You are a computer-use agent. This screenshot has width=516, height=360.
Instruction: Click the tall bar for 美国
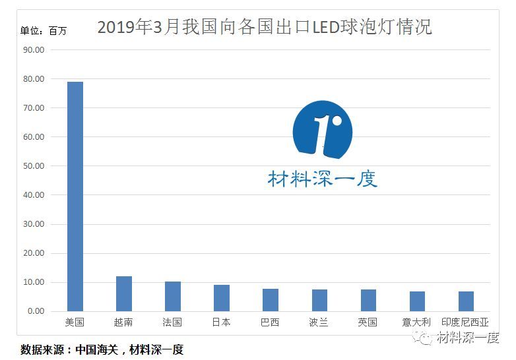click(75, 196)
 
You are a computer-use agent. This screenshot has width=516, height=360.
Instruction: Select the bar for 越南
click(123, 294)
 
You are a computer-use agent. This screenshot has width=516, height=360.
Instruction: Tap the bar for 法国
click(172, 297)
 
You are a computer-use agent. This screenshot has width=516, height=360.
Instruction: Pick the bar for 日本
click(222, 298)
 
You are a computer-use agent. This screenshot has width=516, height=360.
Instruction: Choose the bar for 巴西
click(271, 300)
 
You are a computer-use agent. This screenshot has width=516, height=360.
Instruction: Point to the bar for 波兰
click(319, 301)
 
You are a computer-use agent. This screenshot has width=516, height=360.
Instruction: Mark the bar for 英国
click(368, 301)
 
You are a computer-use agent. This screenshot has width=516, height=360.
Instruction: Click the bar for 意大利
click(417, 301)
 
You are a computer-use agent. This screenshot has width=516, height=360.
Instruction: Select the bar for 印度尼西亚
click(466, 301)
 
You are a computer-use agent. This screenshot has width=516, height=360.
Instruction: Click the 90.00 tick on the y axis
click(33, 50)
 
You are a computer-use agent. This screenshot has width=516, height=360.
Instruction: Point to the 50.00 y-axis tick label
click(33, 166)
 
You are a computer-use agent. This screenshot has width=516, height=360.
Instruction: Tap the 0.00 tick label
click(35, 311)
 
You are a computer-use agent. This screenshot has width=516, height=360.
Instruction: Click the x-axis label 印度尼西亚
click(466, 322)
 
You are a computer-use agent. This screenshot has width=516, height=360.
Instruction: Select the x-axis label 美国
click(75, 322)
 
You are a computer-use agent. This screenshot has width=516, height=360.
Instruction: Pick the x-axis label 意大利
click(417, 322)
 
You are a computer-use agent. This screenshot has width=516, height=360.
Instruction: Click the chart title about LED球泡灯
click(264, 28)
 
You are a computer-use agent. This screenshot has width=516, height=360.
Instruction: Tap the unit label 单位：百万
click(44, 30)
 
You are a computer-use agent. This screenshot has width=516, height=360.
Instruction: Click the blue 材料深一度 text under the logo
click(323, 179)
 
